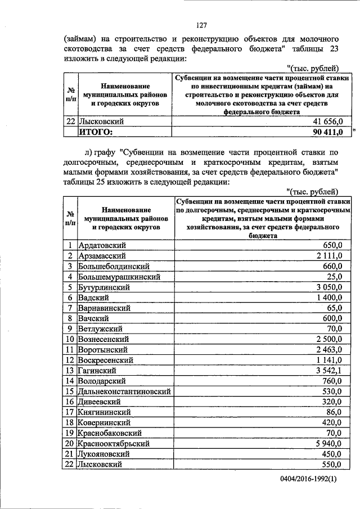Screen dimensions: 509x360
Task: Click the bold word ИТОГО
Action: (96, 132)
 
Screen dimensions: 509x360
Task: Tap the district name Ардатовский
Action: (102, 245)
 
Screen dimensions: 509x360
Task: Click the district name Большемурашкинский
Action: (120, 277)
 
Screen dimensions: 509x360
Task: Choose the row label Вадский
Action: (94, 298)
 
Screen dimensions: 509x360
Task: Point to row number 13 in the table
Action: (70, 370)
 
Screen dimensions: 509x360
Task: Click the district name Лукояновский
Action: (106, 454)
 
